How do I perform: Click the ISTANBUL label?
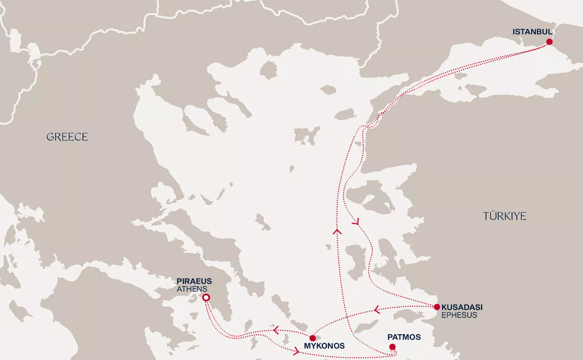coord(532,32)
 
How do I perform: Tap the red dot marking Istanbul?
coord(549,42)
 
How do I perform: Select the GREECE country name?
coord(67,137)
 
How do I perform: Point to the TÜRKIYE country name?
coord(504,216)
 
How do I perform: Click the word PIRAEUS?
coord(194,281)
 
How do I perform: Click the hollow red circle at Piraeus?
coord(206,298)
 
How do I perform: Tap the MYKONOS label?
coord(324,346)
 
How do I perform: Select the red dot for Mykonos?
coord(312,338)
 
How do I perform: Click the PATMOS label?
coord(404,337)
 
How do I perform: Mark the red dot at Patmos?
coord(392,347)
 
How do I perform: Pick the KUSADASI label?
coord(462,307)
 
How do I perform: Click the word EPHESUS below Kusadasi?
coord(459,315)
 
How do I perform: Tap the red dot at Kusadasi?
coord(437,307)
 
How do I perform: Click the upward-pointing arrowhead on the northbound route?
coord(337,231)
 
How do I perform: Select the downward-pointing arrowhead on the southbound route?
coord(356,221)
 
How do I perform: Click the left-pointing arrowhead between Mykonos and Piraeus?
coord(276,330)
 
